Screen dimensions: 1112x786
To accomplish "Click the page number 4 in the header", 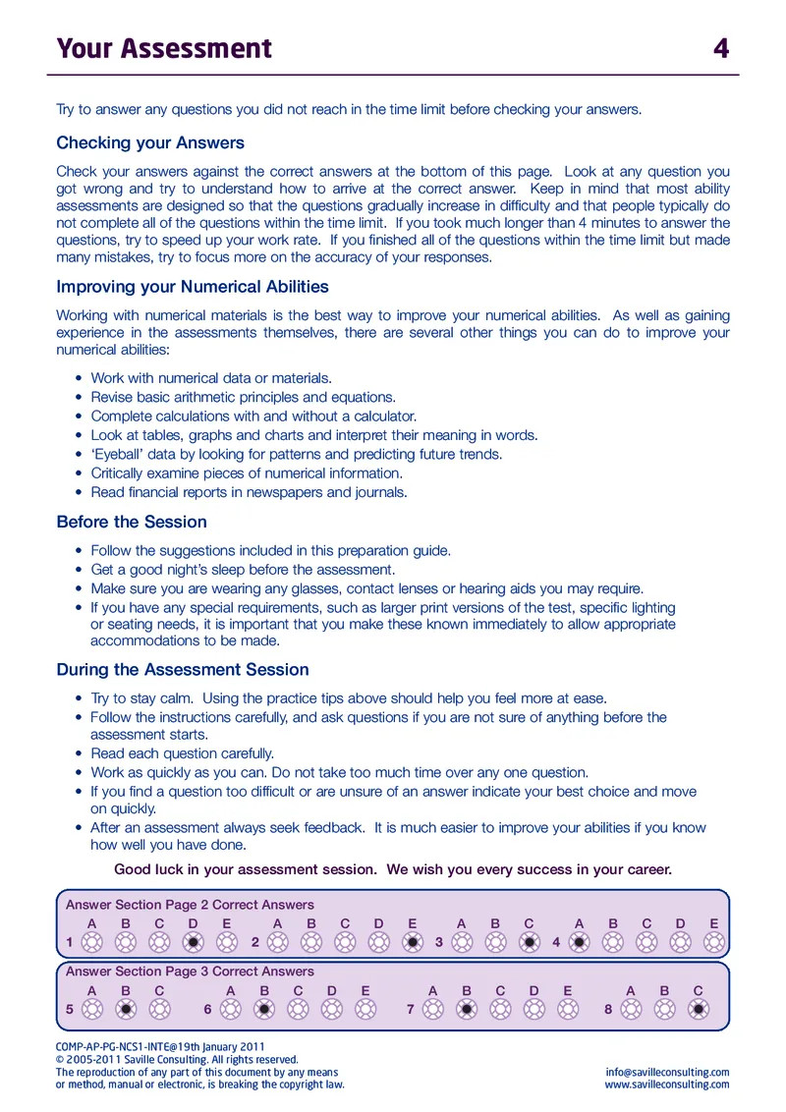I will point(721,48).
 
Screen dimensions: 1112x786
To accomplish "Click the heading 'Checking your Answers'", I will point(150,142).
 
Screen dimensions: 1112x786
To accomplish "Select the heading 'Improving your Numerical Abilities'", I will point(193,287).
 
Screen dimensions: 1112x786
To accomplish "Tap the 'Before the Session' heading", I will point(132,522).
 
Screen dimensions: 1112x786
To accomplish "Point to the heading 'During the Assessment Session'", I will point(183,669).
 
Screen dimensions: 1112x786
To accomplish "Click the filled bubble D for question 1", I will point(194,942).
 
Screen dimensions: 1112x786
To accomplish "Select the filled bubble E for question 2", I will point(413,942).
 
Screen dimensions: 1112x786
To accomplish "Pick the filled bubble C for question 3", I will point(530,942).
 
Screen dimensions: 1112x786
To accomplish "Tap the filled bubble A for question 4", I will point(580,942).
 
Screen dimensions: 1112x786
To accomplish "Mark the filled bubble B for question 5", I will point(126,1009).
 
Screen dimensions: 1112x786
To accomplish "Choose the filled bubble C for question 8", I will point(698,1009).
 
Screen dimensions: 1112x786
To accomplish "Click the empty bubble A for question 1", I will point(92,942).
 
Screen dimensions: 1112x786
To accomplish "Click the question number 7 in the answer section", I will point(410,1009).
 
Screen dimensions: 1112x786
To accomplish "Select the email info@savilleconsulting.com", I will point(668,1072).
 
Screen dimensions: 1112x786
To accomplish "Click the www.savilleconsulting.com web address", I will point(667,1084).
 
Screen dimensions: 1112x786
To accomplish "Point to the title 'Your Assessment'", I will point(164,48).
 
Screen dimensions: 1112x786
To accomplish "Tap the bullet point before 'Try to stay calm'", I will point(79,699).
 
